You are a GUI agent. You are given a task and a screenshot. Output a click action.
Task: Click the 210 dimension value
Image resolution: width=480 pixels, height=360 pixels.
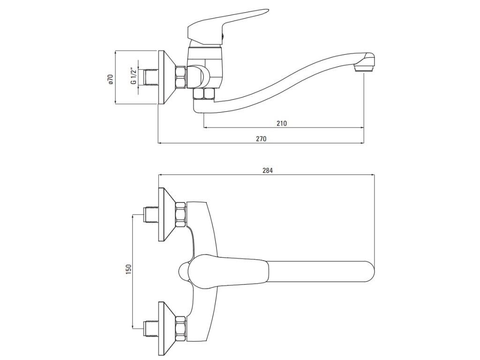coord(281,124)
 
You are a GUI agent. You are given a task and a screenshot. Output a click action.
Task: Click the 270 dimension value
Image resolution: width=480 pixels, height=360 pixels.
coord(261,139)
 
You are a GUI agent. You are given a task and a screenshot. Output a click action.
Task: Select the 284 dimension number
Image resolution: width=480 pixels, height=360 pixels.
coord(268,171)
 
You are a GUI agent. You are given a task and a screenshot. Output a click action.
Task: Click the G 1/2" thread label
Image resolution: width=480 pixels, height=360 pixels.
coord(134,76)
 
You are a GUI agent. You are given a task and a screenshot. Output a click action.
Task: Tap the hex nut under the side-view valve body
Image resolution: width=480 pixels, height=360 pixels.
coord(205,93)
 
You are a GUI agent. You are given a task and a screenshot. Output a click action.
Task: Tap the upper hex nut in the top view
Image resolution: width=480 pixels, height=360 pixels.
coord(180,214)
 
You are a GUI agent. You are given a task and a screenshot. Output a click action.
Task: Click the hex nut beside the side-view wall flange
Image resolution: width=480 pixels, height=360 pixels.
coord(181,77)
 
